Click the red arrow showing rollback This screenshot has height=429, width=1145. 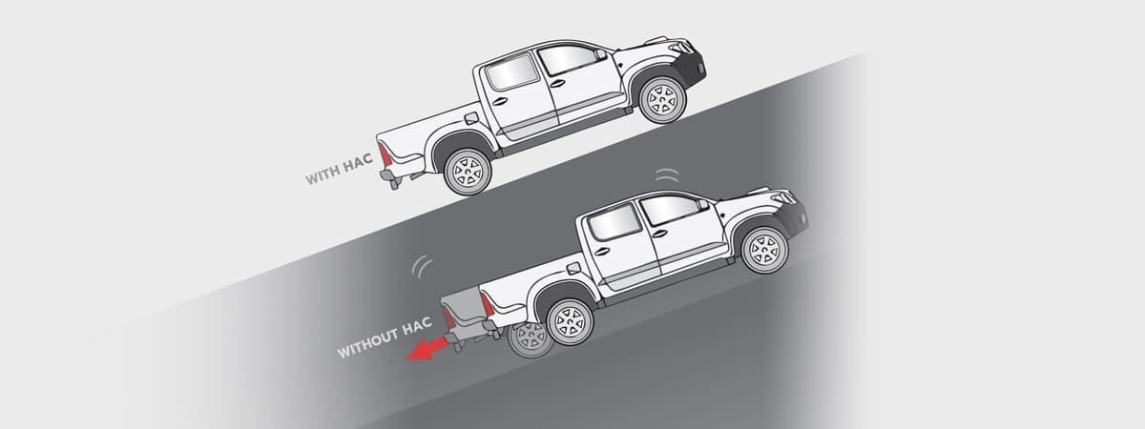(427, 349)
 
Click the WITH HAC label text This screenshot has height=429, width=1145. (339, 169)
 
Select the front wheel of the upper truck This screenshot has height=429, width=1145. (662, 100)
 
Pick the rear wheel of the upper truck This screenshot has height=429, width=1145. (468, 172)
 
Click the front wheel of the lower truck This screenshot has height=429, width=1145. (764, 250)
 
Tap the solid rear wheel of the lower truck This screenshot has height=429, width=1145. (570, 322)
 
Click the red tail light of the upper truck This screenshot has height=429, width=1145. (385, 154)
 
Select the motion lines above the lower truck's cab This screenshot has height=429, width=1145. (667, 175)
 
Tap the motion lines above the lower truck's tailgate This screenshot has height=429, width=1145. (421, 266)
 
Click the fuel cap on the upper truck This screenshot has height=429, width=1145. (471, 118)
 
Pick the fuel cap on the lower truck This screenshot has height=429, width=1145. (573, 269)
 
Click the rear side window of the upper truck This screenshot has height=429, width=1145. (511, 72)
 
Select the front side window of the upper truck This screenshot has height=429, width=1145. (568, 59)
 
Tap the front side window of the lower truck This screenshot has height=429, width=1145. (670, 209)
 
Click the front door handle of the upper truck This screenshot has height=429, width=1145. (557, 84)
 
